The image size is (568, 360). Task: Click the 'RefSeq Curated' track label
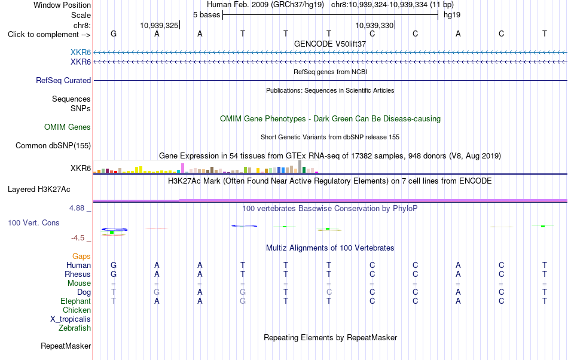coord(63,80)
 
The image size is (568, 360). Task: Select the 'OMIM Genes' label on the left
coord(68,127)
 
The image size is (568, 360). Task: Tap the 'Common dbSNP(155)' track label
coord(53,145)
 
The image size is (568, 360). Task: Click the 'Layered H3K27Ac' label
coord(39,190)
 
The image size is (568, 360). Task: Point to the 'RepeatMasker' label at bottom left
coord(66,346)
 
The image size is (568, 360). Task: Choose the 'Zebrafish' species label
coord(75,328)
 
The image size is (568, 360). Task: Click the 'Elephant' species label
coord(76,301)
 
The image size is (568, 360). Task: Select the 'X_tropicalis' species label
coord(71,319)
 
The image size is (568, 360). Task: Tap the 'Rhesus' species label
coord(78,274)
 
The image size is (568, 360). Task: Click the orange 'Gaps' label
coord(81,257)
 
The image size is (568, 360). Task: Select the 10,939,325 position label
coord(160,25)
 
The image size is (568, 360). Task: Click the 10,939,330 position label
coord(374,25)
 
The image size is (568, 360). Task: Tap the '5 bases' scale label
coord(206,15)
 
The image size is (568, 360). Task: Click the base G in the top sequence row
coord(114,33)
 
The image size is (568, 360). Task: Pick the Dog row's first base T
coord(114,292)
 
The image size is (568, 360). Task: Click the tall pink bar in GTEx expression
coord(183,168)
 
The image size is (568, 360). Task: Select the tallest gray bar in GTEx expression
coord(300,167)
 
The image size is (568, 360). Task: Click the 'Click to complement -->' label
coord(49,35)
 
